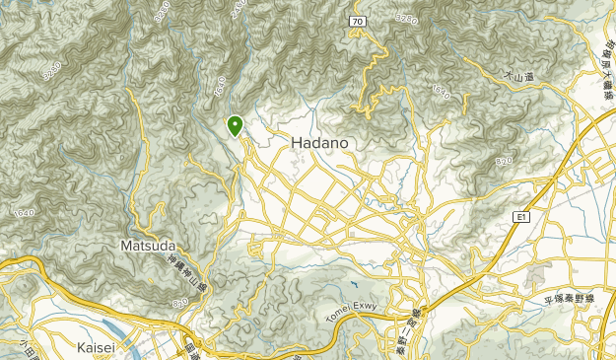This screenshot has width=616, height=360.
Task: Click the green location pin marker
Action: click(x=236, y=125)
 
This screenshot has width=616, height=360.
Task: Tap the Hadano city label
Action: click(x=319, y=143)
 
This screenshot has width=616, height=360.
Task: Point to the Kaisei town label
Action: click(x=101, y=347)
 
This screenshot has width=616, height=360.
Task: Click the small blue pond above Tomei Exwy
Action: click(x=352, y=287)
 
